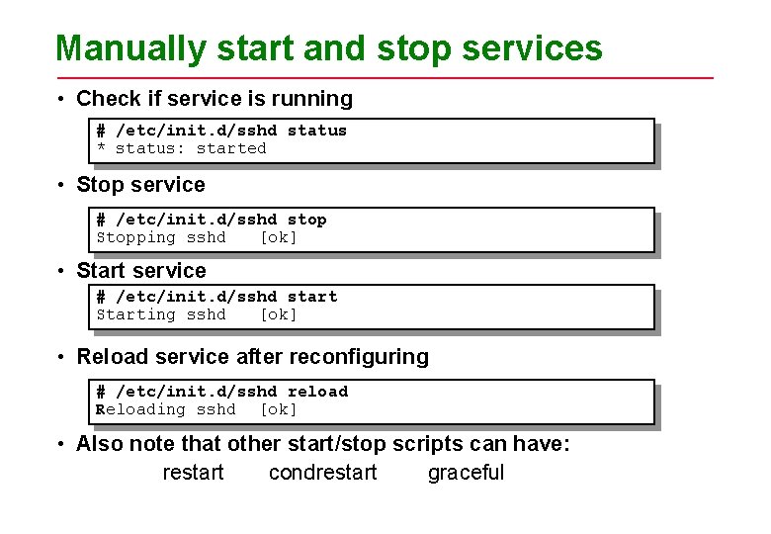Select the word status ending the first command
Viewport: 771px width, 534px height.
coord(316,131)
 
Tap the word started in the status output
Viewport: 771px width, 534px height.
coord(231,148)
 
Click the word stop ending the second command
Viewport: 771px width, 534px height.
coord(306,220)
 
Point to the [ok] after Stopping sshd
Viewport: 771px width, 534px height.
coord(278,237)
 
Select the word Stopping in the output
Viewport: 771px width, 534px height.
coord(135,237)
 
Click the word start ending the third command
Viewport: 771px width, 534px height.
coord(311,297)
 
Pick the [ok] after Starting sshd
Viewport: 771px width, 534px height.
coord(278,314)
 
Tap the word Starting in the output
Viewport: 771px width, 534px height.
coord(135,314)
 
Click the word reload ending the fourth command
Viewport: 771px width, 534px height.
coord(317,392)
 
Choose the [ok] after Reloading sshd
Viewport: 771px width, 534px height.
coord(278,409)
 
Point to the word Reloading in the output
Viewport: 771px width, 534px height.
coord(140,409)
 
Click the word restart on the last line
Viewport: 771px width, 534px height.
coord(193,473)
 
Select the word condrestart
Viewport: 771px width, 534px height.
coord(322,473)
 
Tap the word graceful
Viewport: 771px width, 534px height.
coord(466,473)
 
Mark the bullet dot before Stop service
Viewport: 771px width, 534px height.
coord(62,186)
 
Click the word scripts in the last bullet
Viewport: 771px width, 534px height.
coord(428,444)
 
